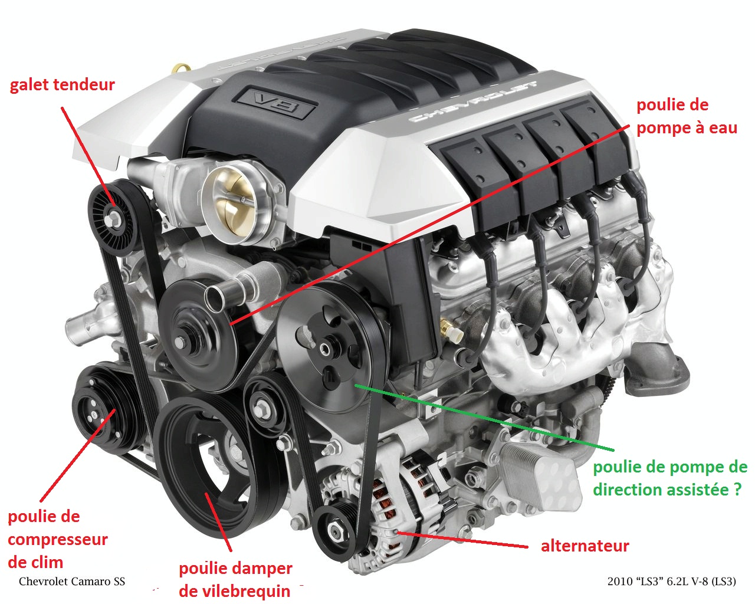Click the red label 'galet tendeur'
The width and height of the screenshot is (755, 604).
coord(62,85)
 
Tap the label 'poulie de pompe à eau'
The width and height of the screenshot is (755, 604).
coord(686,116)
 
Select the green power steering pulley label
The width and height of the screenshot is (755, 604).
coord(669,478)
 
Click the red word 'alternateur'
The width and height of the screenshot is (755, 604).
coord(585,546)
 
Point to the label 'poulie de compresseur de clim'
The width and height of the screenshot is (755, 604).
coord(57,539)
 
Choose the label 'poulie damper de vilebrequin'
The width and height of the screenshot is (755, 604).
coord(235,579)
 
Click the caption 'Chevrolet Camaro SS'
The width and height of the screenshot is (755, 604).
coord(72,582)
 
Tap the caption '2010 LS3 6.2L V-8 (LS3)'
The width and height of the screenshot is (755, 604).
coord(671,582)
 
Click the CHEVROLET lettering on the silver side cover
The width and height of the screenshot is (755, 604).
coord(472,101)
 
